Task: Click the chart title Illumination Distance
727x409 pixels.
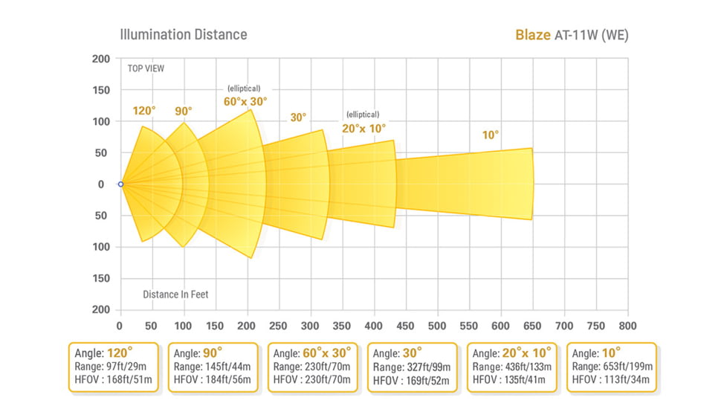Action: [183, 34]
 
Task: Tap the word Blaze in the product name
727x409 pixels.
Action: [533, 35]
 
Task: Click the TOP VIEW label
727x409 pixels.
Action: [146, 68]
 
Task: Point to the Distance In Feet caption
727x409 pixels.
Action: [175, 294]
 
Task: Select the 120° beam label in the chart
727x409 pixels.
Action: [144, 111]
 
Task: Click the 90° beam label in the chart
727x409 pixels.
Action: [183, 111]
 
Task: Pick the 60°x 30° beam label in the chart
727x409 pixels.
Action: [245, 101]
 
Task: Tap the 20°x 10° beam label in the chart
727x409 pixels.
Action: [363, 128]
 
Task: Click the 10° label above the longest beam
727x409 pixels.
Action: [490, 135]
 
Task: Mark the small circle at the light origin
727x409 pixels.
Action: [120, 184]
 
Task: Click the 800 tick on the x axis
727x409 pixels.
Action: [627, 326]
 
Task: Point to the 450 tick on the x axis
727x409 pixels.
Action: [406, 326]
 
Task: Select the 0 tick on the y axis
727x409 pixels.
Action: [103, 184]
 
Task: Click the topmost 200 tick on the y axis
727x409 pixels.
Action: [101, 59]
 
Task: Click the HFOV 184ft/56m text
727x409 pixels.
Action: [212, 380]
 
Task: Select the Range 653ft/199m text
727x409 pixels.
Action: [611, 367]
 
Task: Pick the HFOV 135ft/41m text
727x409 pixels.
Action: [514, 380]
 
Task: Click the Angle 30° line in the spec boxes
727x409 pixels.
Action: [398, 353]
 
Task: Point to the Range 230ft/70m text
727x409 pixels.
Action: [312, 367]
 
